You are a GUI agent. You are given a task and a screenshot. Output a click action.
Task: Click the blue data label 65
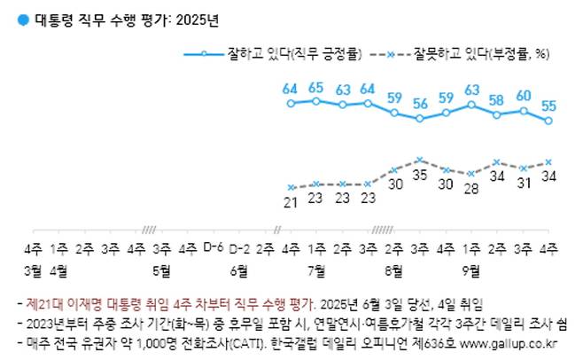pyautogui.click(x=316, y=88)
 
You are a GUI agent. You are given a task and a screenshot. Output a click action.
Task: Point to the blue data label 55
pyautogui.click(x=548, y=106)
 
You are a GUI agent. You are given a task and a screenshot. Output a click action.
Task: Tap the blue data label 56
pyautogui.click(x=420, y=105)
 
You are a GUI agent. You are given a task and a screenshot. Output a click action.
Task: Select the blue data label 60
pyautogui.click(x=524, y=96)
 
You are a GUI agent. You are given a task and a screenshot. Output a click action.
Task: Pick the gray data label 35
pyautogui.click(x=420, y=176)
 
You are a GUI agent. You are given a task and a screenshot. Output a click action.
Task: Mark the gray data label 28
pyautogui.click(x=472, y=189)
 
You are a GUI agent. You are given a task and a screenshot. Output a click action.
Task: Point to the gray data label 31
pyautogui.click(x=524, y=183)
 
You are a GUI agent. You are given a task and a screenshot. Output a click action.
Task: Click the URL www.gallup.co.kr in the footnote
pyautogui.click(x=516, y=341)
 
